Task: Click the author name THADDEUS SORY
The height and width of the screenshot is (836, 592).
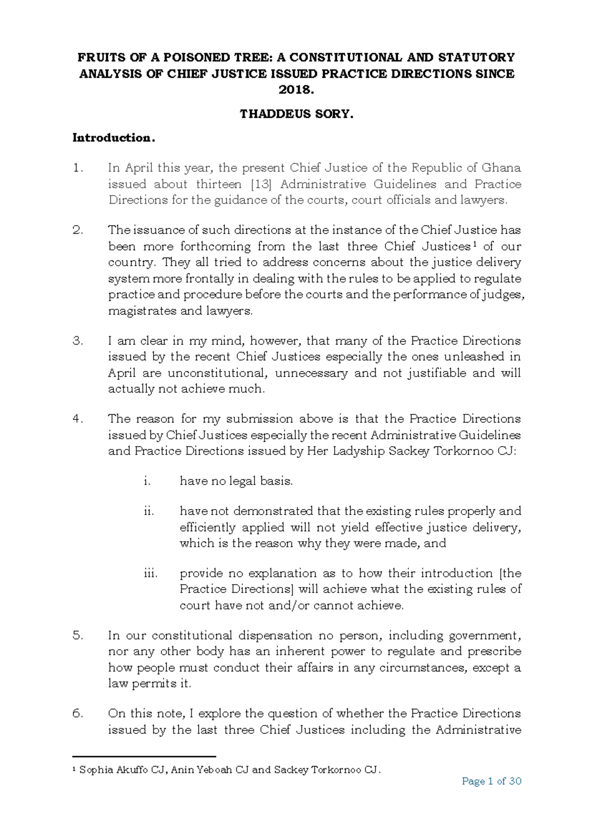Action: tap(296, 114)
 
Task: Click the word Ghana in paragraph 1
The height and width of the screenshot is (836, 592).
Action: tap(501, 168)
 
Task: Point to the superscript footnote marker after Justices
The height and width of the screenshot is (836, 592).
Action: tap(474, 244)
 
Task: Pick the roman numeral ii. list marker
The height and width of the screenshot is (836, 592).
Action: tap(148, 512)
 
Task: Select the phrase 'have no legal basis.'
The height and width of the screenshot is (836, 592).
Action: tap(236, 482)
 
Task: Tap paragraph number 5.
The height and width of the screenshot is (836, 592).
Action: tap(77, 636)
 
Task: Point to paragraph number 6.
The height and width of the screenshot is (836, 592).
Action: tap(77, 714)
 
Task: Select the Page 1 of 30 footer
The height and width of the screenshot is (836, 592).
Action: tap(491, 781)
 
